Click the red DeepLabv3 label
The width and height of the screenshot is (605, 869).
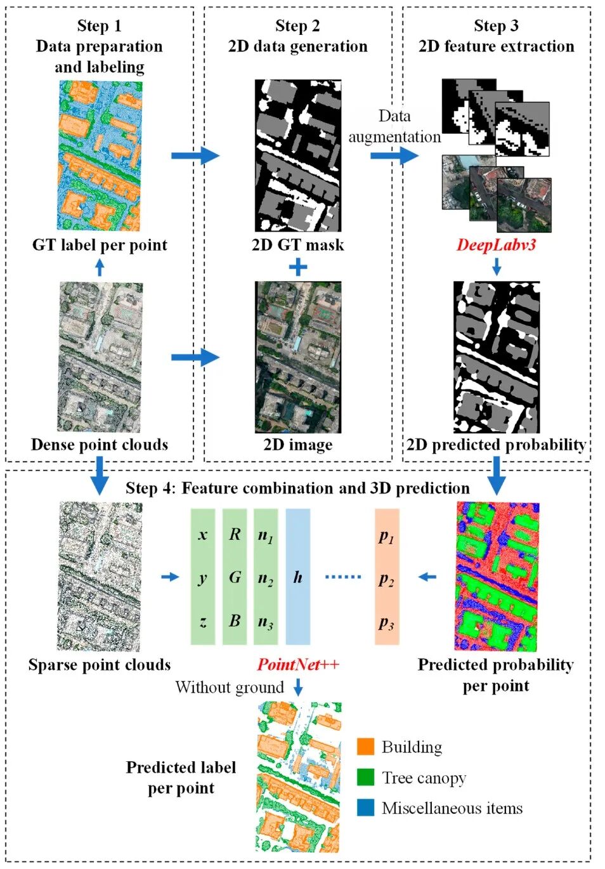pos(496,245)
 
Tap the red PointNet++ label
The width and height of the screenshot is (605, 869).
pos(297,665)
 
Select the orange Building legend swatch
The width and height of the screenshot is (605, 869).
pos(365,747)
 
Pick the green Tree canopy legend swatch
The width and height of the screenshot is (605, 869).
pos(365,777)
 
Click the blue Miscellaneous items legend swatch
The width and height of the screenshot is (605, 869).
pos(365,807)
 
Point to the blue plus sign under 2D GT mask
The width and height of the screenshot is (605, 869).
pos(297,267)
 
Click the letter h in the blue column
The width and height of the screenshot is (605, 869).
pos(297,577)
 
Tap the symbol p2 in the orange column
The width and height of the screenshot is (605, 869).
pos(386,578)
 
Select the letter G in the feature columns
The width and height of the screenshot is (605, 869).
pos(235,577)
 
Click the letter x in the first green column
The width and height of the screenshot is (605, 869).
pos(203,535)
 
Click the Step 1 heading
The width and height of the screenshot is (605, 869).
pos(99,26)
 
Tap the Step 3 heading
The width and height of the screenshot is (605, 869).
pos(496,26)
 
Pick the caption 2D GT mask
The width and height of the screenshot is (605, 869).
pos(297,245)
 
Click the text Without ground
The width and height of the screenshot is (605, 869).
pos(230,688)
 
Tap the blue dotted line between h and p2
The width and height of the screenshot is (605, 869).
pos(342,577)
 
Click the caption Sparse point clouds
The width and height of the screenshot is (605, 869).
pos(100,665)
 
